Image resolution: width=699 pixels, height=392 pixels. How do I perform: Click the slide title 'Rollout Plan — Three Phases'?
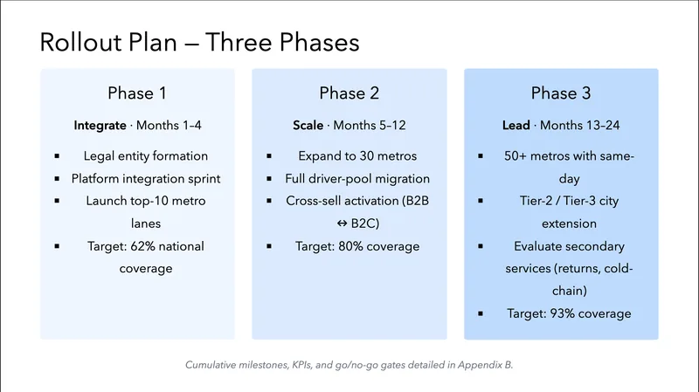click(200, 41)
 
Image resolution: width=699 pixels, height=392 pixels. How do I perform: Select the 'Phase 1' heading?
click(137, 93)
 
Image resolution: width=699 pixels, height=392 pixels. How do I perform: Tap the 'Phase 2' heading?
click(349, 93)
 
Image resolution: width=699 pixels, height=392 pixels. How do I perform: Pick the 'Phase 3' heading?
click(561, 93)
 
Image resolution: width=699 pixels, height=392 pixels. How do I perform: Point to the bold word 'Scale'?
click(308, 126)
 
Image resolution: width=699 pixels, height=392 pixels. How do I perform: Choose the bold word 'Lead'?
click(516, 126)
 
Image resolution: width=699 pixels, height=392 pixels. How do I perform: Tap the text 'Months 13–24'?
click(580, 126)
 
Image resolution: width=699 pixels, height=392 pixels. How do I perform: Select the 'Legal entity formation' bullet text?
click(146, 156)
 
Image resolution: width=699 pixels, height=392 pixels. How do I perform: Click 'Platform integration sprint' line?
click(146, 179)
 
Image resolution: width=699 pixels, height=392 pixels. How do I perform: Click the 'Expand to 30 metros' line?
click(358, 156)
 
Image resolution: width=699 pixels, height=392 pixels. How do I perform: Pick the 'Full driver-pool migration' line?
click(358, 179)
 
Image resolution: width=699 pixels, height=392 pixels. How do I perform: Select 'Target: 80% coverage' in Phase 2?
click(358, 246)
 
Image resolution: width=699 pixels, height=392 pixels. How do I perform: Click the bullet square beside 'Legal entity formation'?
click(57, 156)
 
